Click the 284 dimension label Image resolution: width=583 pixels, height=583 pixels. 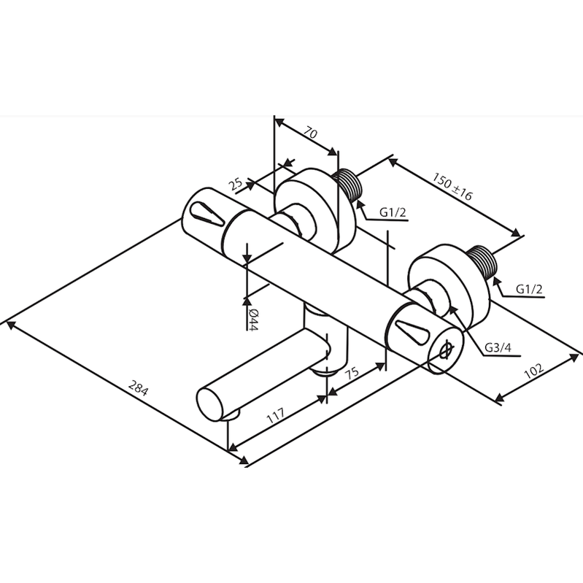pos(139,387)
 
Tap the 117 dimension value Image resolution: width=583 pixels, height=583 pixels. pos(277,415)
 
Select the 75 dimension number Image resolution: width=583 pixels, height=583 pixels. pos(352,373)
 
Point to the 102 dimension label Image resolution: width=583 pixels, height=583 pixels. pos(533,371)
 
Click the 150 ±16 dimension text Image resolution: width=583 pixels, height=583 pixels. pos(452,187)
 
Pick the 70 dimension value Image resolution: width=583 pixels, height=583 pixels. pos(310,132)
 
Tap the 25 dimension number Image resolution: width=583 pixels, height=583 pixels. pos(236,183)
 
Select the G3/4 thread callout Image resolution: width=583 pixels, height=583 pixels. pos(498,347)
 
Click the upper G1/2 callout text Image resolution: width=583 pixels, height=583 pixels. pos(393,212)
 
